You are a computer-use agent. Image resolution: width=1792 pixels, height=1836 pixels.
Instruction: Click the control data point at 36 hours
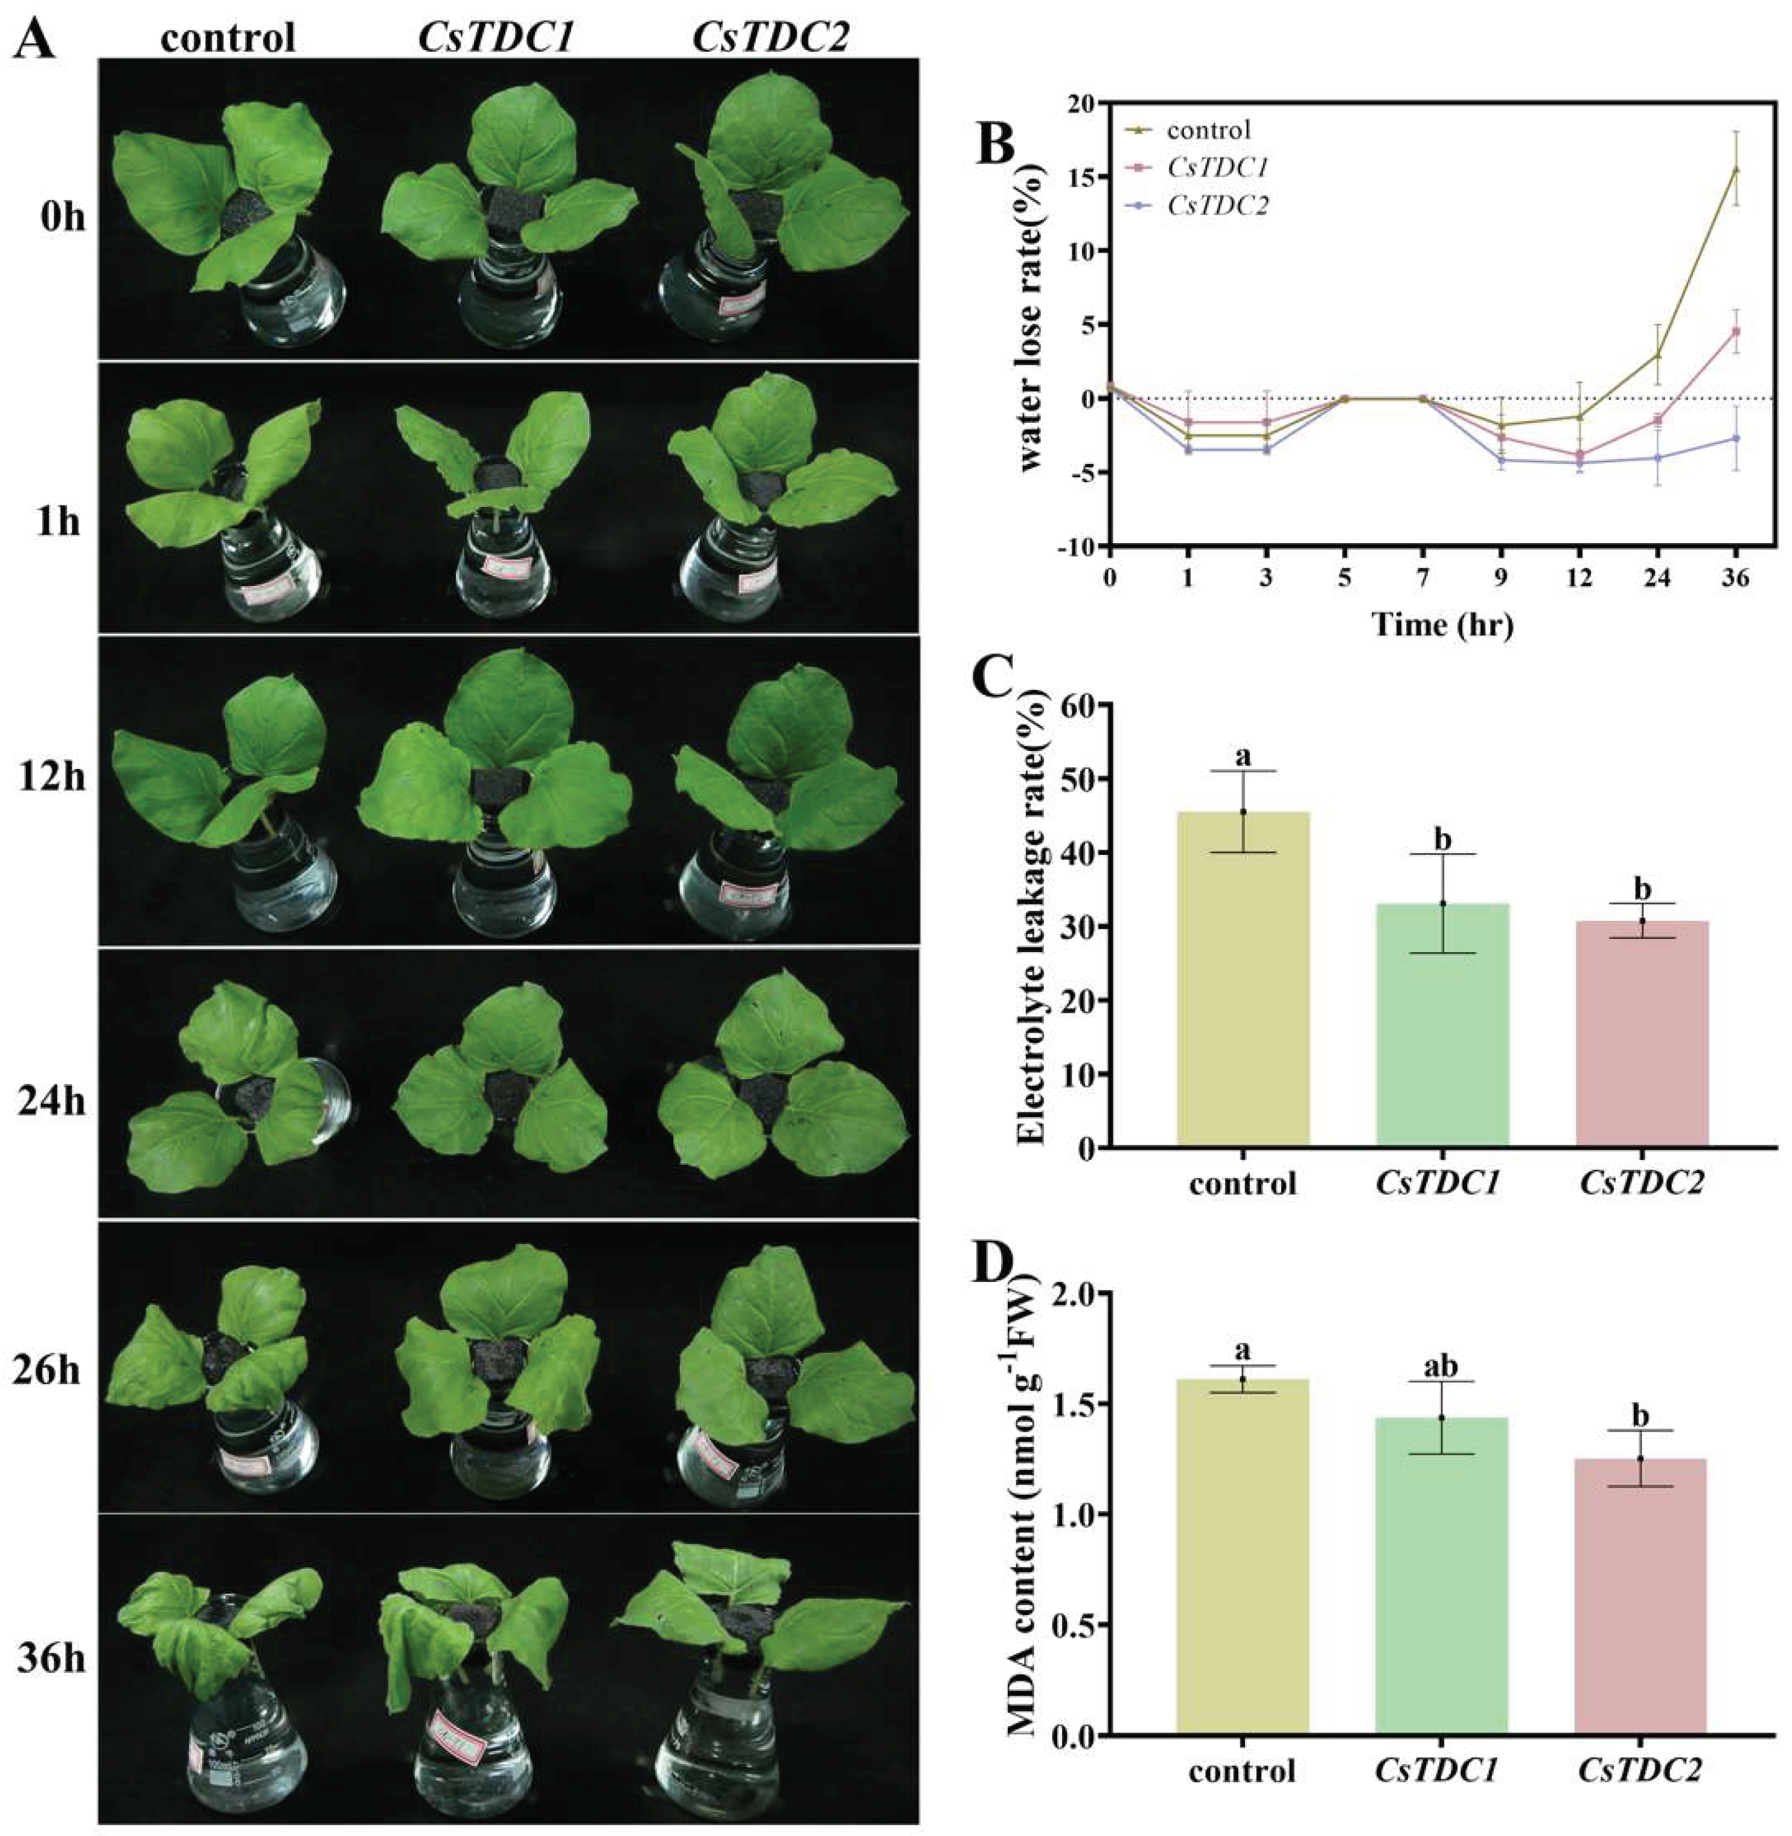pyautogui.click(x=1735, y=170)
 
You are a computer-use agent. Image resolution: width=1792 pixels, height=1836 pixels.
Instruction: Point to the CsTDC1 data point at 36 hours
pyautogui.click(x=1735, y=332)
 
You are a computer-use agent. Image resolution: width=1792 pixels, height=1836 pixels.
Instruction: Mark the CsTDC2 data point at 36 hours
pyautogui.click(x=1735, y=439)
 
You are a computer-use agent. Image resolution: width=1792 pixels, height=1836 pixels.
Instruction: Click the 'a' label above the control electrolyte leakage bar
pyautogui.click(x=1243, y=752)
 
